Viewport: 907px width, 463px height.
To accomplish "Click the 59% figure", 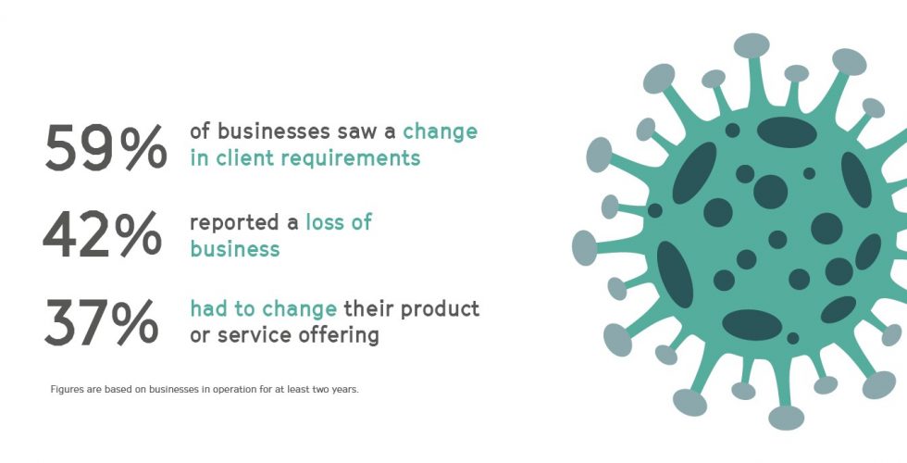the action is (106, 147).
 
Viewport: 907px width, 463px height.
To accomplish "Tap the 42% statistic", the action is (103, 233).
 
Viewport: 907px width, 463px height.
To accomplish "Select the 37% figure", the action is (101, 322).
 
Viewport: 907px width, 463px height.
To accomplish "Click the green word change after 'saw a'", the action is (441, 132).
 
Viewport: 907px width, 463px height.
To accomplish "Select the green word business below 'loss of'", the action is (235, 249).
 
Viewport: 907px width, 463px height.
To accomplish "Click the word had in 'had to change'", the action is (205, 308).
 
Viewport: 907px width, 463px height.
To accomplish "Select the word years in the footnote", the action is (345, 390).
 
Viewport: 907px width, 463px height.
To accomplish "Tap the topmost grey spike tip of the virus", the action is (752, 45).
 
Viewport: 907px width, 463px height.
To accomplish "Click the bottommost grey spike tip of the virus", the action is (786, 418).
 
